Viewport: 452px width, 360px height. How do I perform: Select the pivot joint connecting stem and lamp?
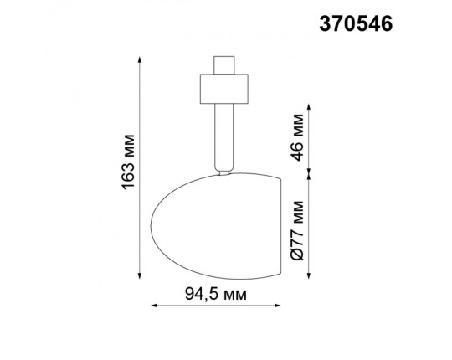pyautogui.click(x=223, y=172)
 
